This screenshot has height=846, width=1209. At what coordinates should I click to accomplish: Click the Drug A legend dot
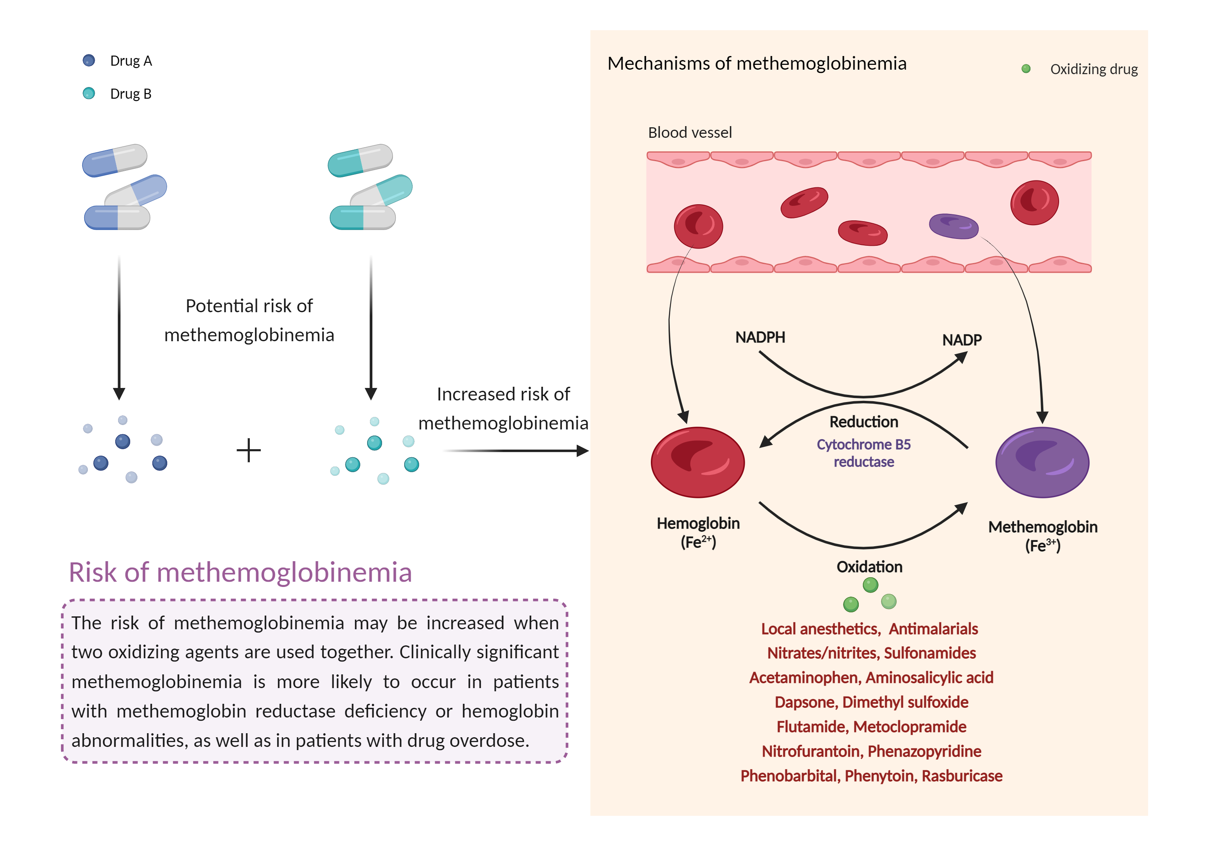[89, 60]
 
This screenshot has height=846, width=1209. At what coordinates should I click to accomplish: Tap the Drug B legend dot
[89, 93]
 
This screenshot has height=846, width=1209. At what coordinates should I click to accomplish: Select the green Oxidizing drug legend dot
[1025, 69]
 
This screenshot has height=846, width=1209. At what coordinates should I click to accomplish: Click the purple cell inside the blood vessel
[953, 226]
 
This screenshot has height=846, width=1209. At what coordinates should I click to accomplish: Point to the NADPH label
[760, 338]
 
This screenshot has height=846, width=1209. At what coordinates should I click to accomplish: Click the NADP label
[962, 340]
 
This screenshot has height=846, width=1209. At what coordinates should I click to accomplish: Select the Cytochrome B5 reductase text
[864, 453]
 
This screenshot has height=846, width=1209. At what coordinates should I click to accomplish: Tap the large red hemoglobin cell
[698, 462]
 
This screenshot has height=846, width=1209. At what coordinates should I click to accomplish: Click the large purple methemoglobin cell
[1042, 462]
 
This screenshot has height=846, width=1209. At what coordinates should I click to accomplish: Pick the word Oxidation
[869, 567]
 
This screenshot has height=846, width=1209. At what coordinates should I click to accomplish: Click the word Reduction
[864, 422]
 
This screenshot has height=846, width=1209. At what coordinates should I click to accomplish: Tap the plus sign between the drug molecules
[249, 451]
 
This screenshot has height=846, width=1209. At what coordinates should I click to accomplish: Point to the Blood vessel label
[690, 133]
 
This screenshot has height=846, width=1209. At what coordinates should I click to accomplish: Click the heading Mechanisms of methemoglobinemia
[757, 64]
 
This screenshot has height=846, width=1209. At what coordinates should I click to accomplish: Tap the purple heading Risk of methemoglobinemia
[240, 573]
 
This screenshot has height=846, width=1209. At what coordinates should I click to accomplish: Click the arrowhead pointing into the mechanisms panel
[582, 451]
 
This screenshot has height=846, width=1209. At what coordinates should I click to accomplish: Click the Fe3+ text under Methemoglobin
[1043, 546]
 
